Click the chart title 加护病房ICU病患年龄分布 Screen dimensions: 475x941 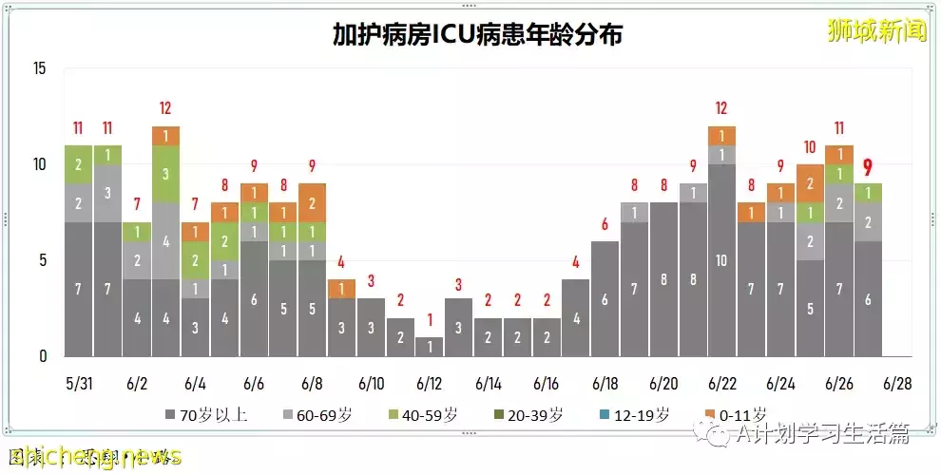(477, 35)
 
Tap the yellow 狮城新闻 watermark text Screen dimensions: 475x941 (875, 31)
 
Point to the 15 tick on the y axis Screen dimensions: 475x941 (38, 68)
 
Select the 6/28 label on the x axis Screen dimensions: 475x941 (896, 385)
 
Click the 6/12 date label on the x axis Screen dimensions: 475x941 (430, 385)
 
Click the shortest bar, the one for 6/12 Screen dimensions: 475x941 (430, 346)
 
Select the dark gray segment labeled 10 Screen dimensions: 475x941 (721, 260)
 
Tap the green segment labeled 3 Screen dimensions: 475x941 (165, 174)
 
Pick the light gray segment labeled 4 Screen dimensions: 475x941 (165, 241)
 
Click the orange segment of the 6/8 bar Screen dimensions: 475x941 (312, 202)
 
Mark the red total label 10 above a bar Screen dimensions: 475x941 (810, 147)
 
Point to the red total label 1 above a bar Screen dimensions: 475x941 (430, 320)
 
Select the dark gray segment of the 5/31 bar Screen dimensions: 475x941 (77, 289)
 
